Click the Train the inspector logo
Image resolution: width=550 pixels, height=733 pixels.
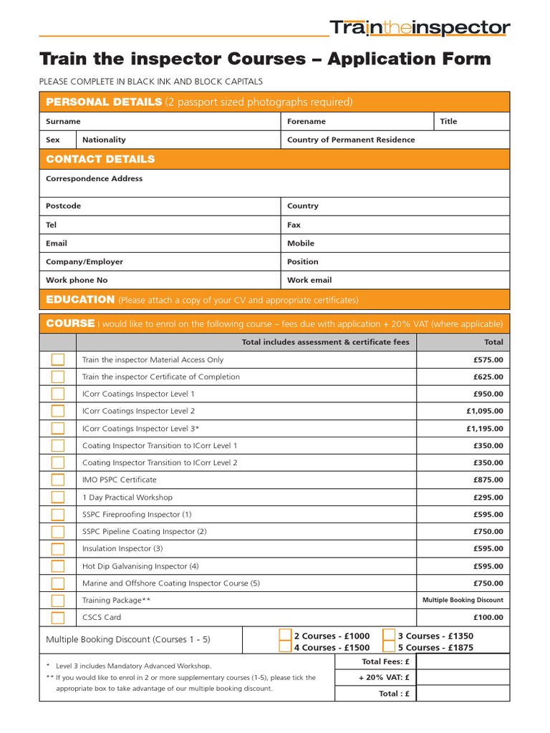click(420, 29)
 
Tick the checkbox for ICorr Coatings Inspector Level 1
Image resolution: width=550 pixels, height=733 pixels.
click(58, 394)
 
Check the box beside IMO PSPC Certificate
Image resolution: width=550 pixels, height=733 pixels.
click(58, 480)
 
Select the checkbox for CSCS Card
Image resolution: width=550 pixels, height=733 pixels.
click(58, 618)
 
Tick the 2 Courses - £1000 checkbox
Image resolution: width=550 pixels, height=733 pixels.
click(286, 635)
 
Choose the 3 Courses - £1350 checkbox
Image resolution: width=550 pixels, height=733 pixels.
click(389, 635)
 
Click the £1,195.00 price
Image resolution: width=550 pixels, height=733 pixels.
click(485, 428)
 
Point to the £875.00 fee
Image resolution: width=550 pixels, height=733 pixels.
click(488, 480)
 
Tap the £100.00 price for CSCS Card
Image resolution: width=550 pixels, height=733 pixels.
click(488, 617)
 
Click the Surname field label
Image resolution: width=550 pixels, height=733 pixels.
click(63, 122)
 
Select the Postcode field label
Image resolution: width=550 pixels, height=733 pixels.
click(63, 206)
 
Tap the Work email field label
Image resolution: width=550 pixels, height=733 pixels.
click(309, 281)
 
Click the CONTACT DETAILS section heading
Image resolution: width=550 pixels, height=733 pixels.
click(100, 159)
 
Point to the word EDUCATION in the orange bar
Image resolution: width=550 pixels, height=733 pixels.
click(80, 299)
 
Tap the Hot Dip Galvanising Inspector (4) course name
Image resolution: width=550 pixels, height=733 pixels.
click(140, 566)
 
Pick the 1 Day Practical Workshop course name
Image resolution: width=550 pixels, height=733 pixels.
click(127, 497)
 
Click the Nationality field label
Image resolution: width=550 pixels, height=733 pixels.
click(104, 140)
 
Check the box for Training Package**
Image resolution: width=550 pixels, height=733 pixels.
click(58, 601)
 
